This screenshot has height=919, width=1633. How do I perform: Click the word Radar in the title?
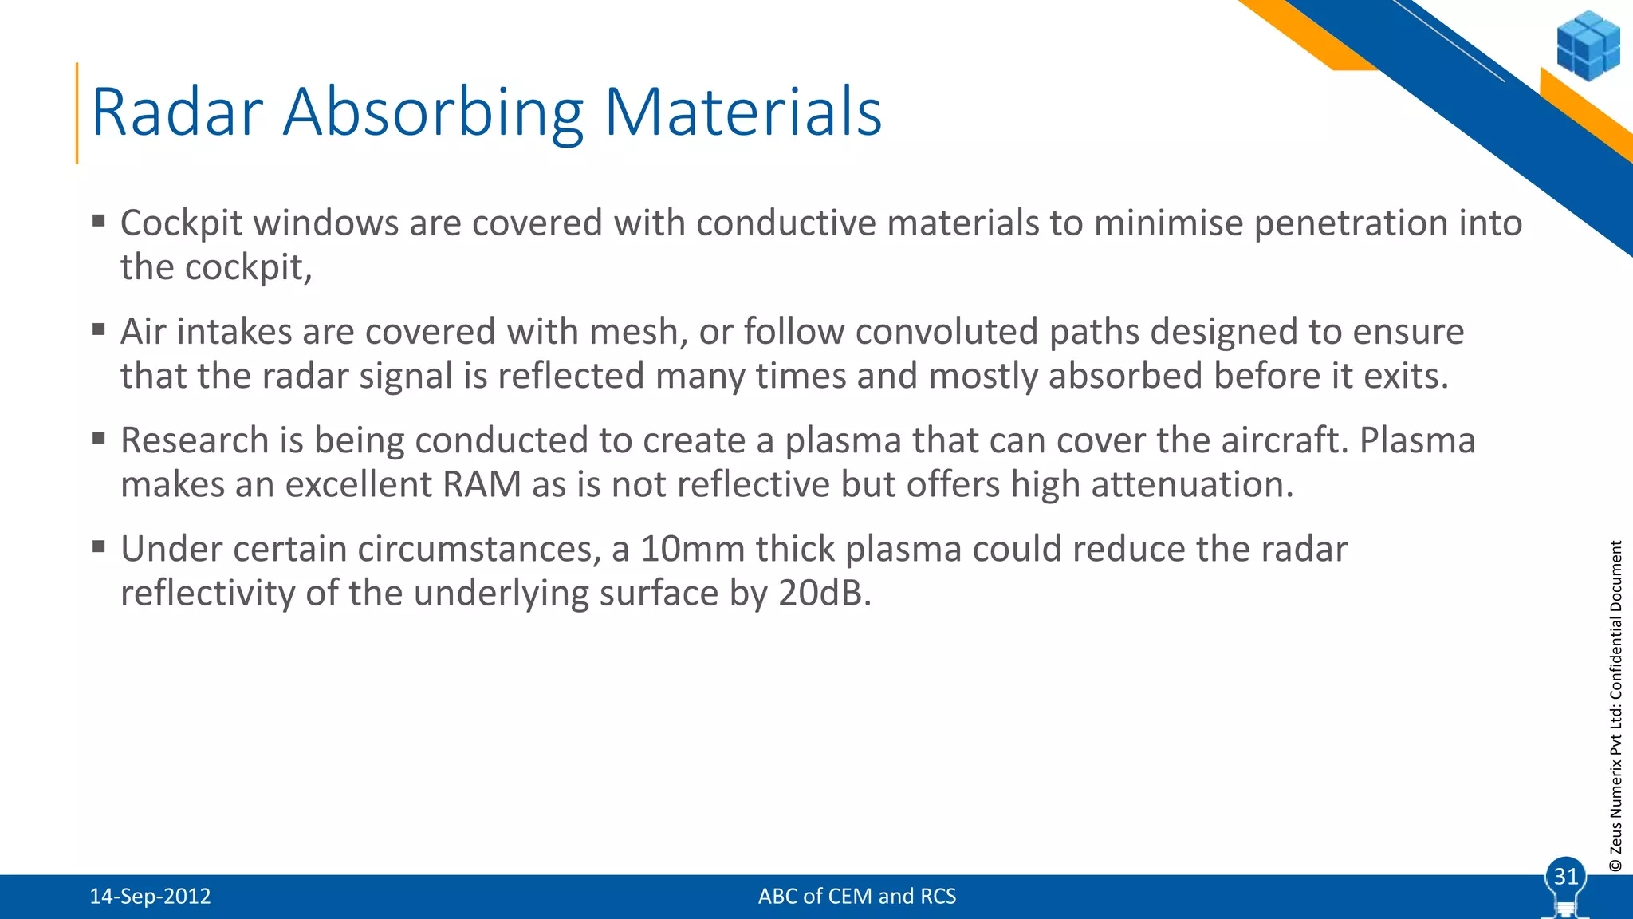tap(177, 112)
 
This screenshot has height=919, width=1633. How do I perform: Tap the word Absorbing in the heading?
tap(434, 112)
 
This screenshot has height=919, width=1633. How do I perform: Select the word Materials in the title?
tap(742, 112)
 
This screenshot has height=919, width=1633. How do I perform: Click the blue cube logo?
tap(1588, 45)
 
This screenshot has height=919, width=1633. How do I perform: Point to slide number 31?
tap(1566, 877)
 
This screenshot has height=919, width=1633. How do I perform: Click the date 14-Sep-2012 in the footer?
tap(150, 897)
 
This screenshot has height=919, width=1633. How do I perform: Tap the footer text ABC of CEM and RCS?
tap(856, 897)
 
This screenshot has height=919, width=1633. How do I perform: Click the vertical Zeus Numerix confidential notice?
tap(1615, 705)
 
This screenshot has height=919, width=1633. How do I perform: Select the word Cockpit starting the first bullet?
tap(181, 223)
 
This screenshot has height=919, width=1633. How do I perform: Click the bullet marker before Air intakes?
tap(99, 329)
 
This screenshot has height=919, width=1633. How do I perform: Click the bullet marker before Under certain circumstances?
tap(99, 547)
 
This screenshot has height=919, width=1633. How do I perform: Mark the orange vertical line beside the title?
tap(77, 113)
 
